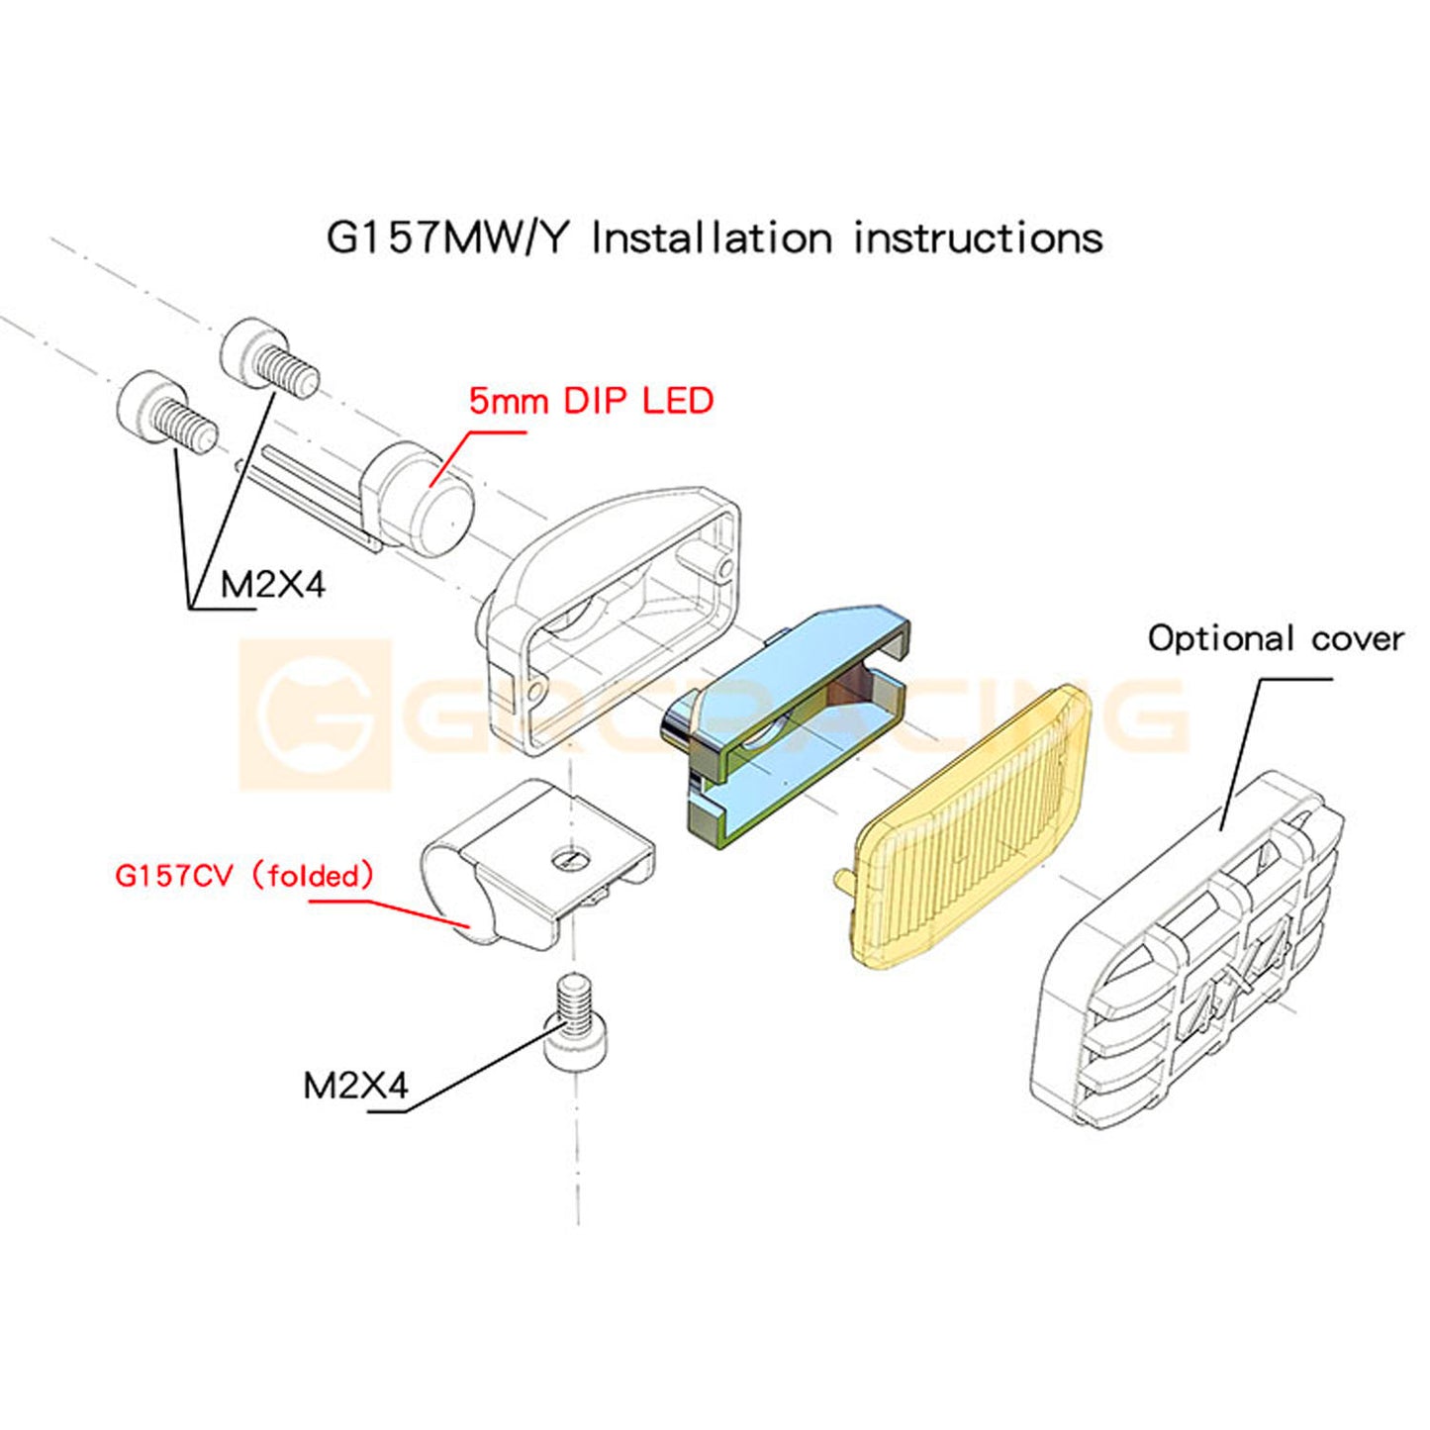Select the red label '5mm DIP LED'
pyautogui.click(x=591, y=401)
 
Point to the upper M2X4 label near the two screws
pyautogui.click(x=272, y=585)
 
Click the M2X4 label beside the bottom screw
pyautogui.click(x=355, y=1086)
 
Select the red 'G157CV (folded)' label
pyautogui.click(x=244, y=876)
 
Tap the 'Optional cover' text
pyautogui.click(x=1276, y=638)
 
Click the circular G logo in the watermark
pyautogui.click(x=315, y=715)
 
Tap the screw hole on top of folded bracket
pyautogui.click(x=569, y=859)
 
